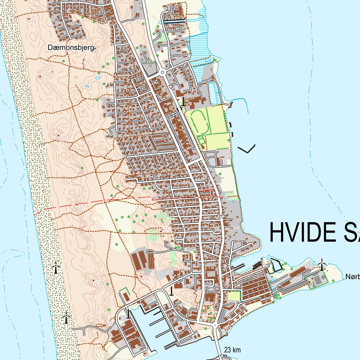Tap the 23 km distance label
[232, 349]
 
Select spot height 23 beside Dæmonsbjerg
[99, 51]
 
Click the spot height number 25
[63, 138]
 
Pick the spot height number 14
[146, 279]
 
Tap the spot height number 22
[98, 284]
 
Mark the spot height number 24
[109, 323]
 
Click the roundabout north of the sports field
[162, 72]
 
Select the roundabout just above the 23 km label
[214, 326]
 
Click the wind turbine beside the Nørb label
[321, 264]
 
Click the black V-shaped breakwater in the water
[247, 149]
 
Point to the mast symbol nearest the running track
[183, 102]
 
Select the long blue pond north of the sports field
[213, 93]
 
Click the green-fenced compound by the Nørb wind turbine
[318, 280]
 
